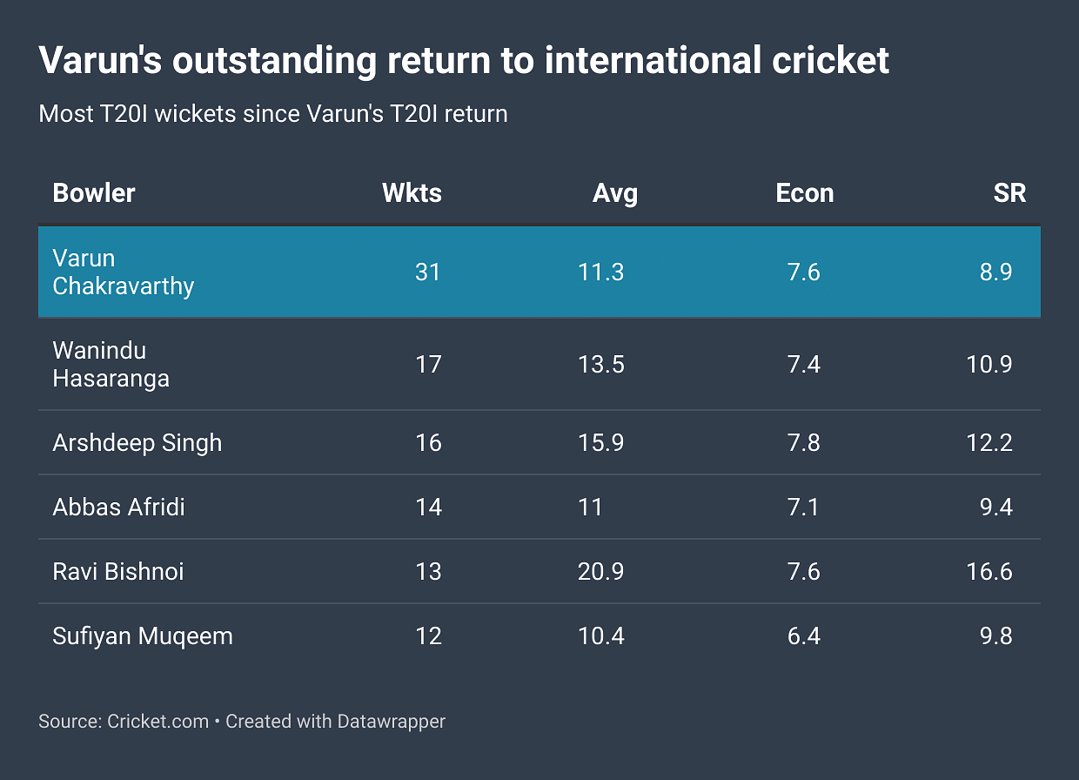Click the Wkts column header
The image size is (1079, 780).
tap(412, 192)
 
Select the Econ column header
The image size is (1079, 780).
tap(804, 192)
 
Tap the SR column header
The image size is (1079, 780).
tap(1009, 192)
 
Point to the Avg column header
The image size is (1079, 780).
tap(615, 192)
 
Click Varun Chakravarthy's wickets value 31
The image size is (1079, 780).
tap(428, 272)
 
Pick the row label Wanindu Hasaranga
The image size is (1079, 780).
tap(111, 364)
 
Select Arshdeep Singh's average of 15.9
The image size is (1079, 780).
tap(601, 442)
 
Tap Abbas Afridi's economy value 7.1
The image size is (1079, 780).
tap(803, 507)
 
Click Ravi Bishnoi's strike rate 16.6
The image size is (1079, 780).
tap(989, 571)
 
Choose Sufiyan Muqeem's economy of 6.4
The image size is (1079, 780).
tap(803, 635)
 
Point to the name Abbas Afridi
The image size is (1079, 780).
tap(118, 507)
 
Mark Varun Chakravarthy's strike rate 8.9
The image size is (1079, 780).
tap(995, 272)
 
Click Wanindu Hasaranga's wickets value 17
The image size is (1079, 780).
tap(428, 364)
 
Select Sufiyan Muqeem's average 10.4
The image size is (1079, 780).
tap(601, 635)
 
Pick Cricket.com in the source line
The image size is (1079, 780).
tap(157, 721)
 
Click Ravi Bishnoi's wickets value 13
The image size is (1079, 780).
tap(428, 571)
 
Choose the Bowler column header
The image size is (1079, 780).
tap(94, 192)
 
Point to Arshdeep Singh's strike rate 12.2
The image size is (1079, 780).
tap(989, 442)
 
